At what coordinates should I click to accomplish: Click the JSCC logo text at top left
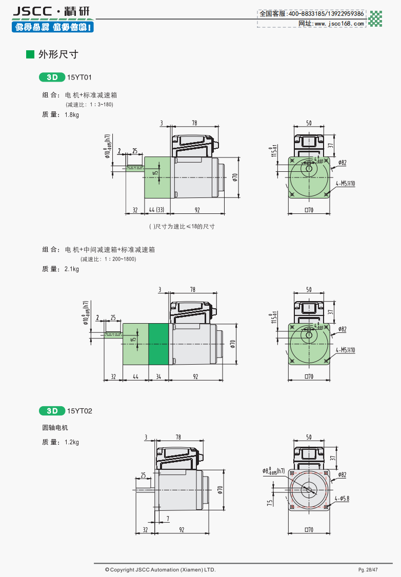[x=34, y=11]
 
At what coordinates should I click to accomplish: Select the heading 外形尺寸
[x=58, y=54]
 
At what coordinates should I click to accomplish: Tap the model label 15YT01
[x=79, y=77]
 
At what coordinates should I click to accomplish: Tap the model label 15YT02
[x=79, y=411]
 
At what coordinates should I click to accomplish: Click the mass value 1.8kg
[x=72, y=115]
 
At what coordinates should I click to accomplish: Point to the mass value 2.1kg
[x=72, y=269]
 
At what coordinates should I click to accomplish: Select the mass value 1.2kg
[x=72, y=442]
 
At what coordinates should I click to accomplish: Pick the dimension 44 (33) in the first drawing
[x=156, y=210]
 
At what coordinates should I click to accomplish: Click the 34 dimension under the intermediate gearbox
[x=158, y=377]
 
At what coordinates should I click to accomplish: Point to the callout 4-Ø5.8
[x=342, y=498]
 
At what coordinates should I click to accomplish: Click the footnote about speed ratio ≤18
[x=182, y=226]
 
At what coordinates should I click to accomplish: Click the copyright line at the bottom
[x=160, y=570]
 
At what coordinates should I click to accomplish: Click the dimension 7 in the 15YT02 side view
[x=168, y=519]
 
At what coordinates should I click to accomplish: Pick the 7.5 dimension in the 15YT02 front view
[x=270, y=503]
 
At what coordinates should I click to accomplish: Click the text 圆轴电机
[x=55, y=428]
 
